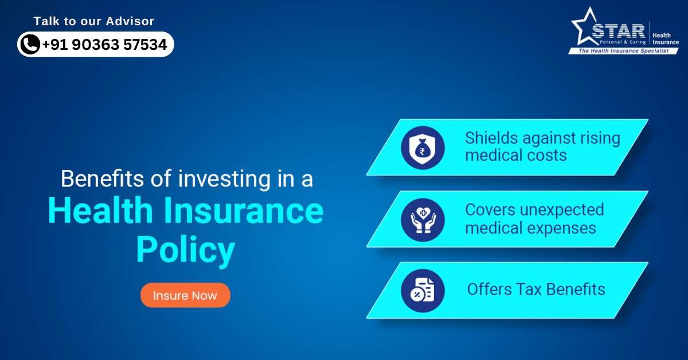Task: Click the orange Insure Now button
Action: (x=185, y=295)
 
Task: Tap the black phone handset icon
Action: (x=30, y=44)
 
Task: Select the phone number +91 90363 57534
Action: (x=104, y=45)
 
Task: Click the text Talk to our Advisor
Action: (x=93, y=21)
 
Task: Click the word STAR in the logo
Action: (x=618, y=31)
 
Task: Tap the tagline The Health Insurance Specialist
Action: (x=623, y=50)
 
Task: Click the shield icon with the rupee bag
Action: (x=423, y=148)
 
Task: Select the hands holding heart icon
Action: (x=423, y=220)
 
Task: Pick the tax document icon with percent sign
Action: (x=423, y=291)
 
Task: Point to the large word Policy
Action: (x=186, y=251)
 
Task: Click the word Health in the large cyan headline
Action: (x=100, y=210)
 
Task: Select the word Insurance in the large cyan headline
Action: (x=243, y=210)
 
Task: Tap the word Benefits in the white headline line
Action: (x=102, y=178)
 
